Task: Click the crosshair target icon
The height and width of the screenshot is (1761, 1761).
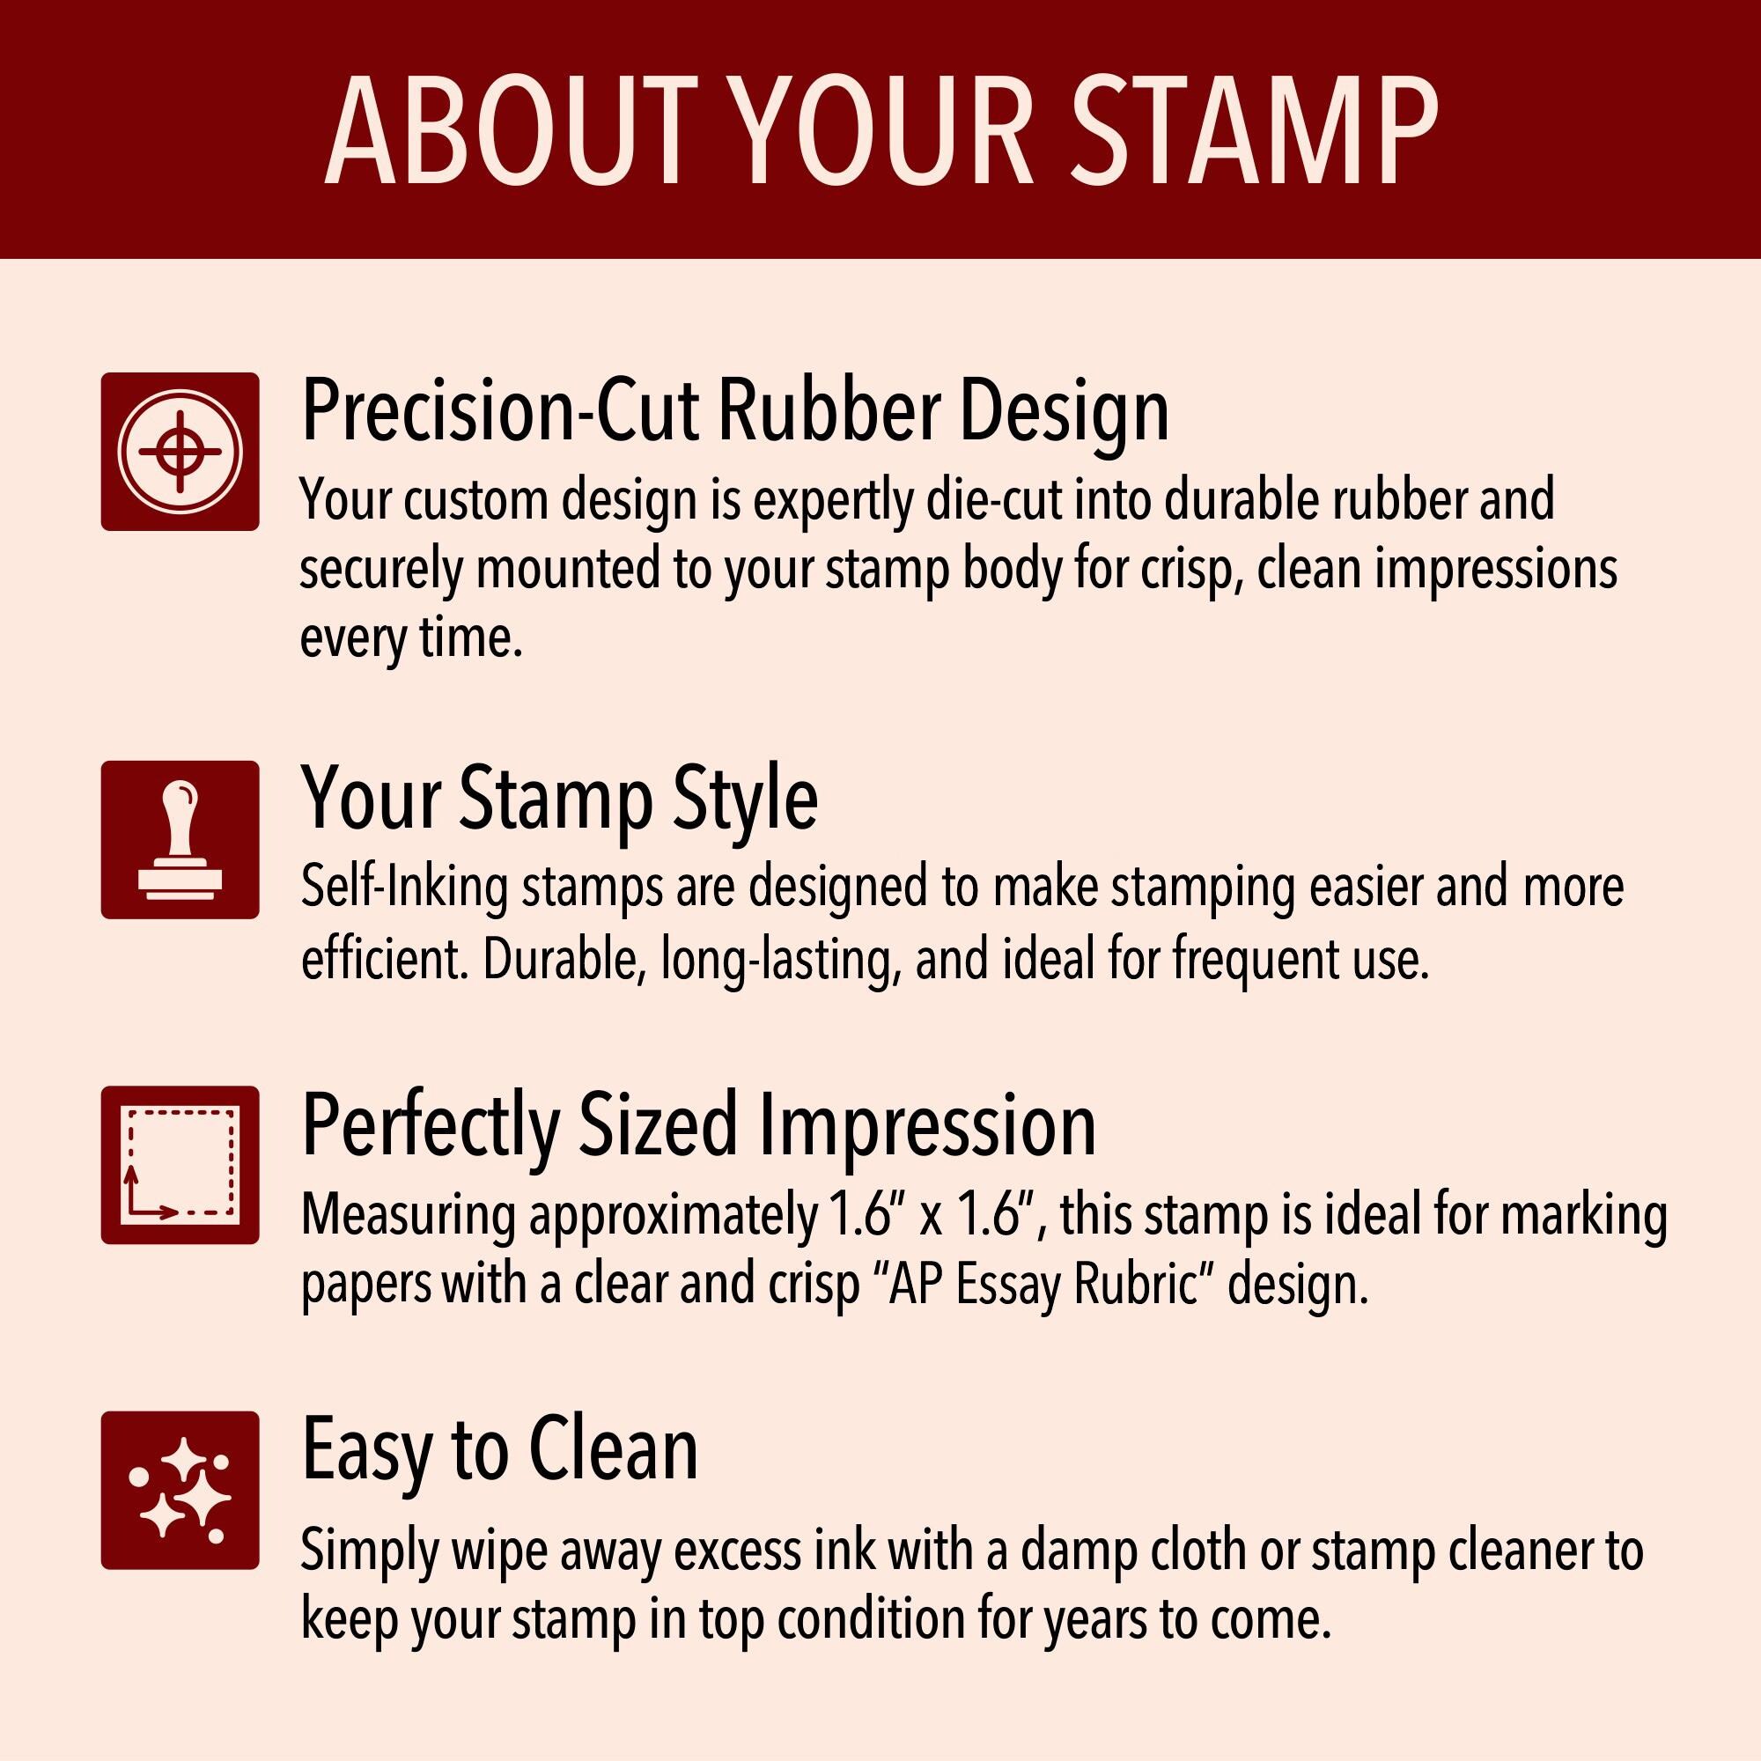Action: [x=181, y=451]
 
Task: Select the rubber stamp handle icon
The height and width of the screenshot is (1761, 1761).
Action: [x=181, y=839]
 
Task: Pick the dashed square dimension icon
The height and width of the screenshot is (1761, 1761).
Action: [x=181, y=1165]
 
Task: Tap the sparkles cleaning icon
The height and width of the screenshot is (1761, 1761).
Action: [x=181, y=1491]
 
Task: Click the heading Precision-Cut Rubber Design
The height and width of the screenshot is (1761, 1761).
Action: [x=734, y=412]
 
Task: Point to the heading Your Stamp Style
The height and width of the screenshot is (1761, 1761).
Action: [x=560, y=799]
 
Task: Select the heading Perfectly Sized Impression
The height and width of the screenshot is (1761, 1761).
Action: [x=698, y=1127]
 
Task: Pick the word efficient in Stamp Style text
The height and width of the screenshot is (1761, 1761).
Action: [x=386, y=959]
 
